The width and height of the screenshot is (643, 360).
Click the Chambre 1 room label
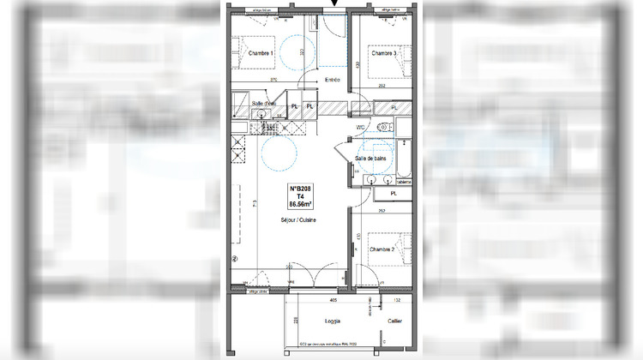click(x=261, y=53)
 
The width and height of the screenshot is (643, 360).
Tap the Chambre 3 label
click(x=384, y=53)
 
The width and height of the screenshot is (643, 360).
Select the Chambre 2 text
click(x=382, y=249)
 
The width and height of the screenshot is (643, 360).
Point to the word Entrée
click(x=333, y=80)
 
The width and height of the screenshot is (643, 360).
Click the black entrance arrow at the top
click(x=334, y=5)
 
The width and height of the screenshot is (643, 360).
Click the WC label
click(x=362, y=129)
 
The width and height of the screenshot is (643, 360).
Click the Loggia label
click(x=333, y=321)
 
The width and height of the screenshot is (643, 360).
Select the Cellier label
click(x=394, y=321)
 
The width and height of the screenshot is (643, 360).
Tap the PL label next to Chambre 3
click(x=394, y=107)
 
